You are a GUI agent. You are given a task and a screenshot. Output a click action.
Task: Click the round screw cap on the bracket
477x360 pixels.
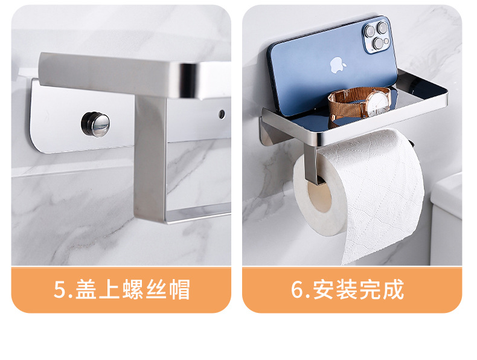95,123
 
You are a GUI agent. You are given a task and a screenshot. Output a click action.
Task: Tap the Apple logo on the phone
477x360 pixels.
336,65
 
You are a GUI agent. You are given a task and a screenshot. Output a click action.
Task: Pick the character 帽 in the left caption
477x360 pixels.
178,290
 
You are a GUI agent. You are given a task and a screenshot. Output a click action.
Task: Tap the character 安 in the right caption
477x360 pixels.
325,290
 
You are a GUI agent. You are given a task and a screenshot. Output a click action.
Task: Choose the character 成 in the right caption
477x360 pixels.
392,290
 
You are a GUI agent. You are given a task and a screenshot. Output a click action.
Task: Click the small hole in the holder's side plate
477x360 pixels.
222,113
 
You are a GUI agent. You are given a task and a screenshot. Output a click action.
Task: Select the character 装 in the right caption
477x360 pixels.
347,290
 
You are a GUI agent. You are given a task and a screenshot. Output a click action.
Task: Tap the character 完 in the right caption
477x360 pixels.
370,290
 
